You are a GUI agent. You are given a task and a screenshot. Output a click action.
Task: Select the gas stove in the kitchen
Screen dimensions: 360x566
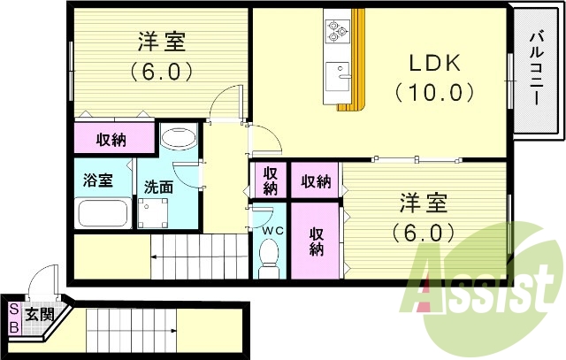[337, 31]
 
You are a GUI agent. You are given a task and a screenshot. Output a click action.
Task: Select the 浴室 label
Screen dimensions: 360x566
[97, 180]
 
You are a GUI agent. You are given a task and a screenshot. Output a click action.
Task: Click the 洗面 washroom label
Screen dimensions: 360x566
[159, 187]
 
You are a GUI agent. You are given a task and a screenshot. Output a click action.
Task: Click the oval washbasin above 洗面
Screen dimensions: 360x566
[180, 138]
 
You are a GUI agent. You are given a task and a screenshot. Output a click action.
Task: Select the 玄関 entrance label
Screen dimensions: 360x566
[39, 314]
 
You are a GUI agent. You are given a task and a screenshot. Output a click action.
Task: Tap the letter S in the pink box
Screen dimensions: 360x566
[13, 310]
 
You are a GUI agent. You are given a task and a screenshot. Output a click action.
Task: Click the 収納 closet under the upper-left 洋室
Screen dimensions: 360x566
[111, 139]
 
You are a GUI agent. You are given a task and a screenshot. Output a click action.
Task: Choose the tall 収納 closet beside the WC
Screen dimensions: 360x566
[316, 241]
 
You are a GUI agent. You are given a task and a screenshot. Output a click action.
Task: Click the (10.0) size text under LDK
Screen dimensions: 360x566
[434, 91]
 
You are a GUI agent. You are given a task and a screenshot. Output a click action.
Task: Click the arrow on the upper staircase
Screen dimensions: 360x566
[155, 257]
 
